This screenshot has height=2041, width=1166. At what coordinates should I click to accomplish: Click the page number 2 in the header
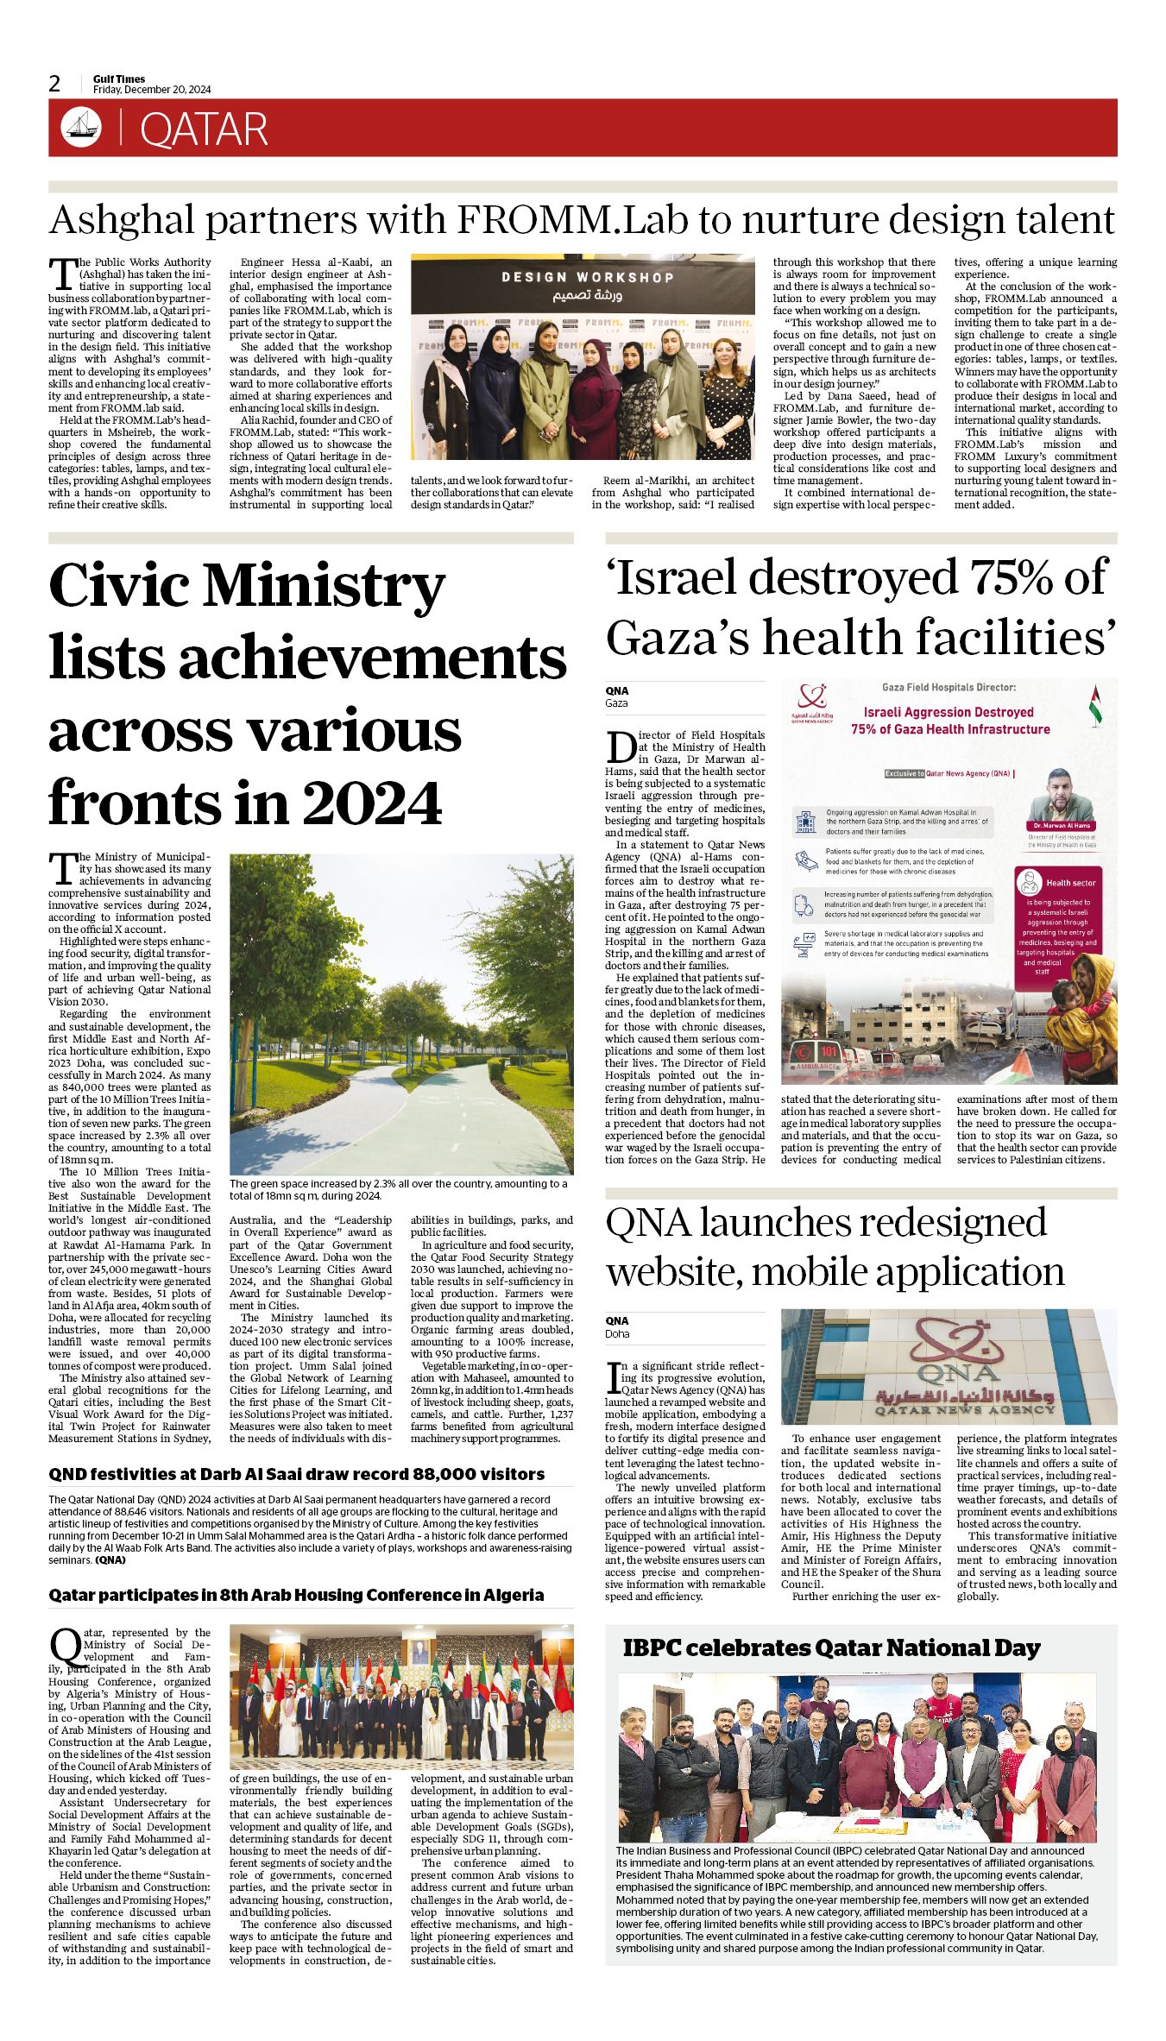pos(54,84)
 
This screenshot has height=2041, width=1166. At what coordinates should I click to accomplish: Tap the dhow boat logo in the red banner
pos(80,128)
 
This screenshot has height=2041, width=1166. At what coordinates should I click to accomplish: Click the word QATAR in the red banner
pos(204,129)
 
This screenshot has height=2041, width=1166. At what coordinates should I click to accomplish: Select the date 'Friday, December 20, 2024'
pos(152,90)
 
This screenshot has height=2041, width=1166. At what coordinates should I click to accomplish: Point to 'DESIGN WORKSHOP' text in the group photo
pos(587,277)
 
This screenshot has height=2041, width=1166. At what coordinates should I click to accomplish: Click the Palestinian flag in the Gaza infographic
pos(1095,704)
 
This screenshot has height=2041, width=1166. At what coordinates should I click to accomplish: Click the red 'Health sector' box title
pos(1070,883)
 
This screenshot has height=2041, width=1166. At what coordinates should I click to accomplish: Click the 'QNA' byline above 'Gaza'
pos(617,690)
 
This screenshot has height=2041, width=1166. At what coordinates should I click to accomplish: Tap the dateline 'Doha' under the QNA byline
pos(617,1333)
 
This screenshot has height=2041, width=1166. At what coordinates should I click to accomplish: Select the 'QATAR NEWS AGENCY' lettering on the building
pos(964,1409)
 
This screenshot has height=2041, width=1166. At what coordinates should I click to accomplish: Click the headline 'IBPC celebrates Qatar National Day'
pos(831,1647)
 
